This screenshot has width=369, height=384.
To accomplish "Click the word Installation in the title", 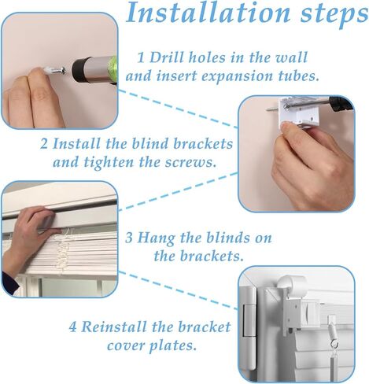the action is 208,13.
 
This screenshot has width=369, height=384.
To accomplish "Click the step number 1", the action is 141,57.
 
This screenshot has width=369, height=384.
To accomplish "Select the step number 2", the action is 44,144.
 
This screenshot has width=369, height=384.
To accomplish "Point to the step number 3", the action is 129,238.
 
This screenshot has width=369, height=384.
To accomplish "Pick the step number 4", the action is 72,327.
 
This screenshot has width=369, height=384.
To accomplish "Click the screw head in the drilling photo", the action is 62,70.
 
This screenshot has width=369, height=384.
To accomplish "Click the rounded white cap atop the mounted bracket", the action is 292,284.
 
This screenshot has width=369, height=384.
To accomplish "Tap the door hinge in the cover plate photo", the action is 249,320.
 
